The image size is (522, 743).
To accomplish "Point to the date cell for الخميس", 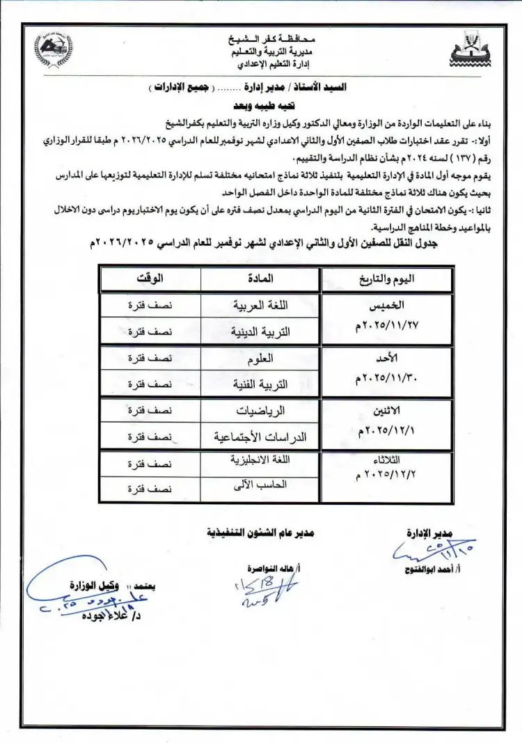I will point(386,318).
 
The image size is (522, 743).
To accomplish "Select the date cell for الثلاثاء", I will point(386,475).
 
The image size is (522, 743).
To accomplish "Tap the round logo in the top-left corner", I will point(53,49).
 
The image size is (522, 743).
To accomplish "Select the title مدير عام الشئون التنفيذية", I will point(260,532).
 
